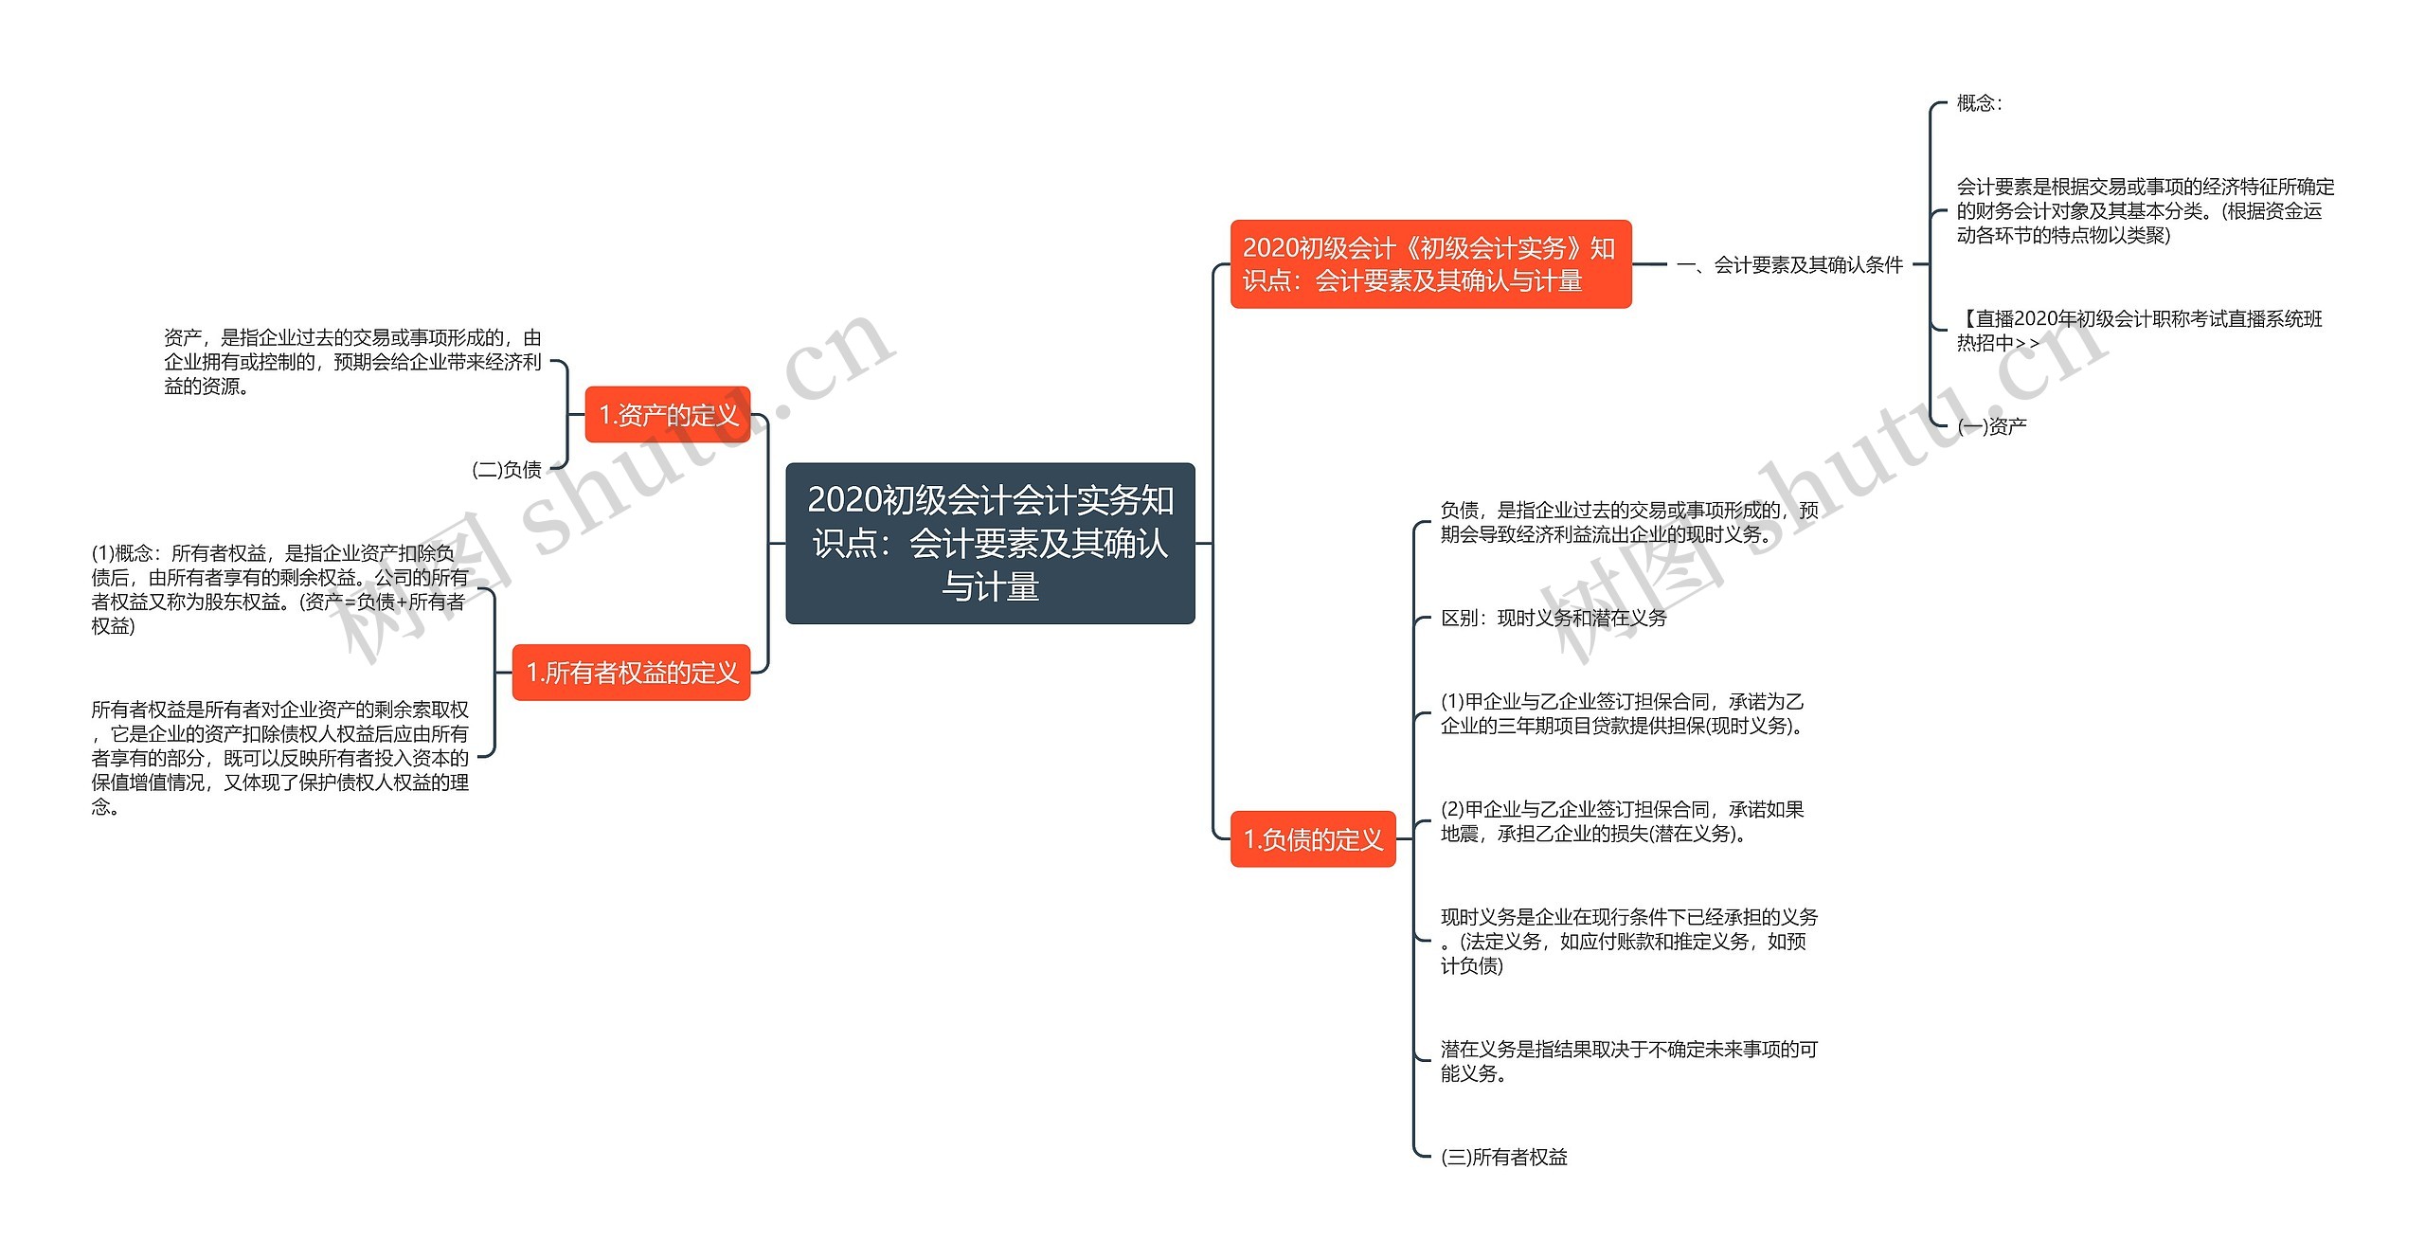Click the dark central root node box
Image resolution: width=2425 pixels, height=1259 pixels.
click(990, 543)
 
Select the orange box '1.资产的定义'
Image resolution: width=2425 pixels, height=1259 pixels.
click(667, 415)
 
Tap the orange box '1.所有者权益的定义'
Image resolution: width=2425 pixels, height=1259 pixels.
click(631, 673)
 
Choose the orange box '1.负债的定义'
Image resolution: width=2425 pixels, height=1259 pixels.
click(1312, 839)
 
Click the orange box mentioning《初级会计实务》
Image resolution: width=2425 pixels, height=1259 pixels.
click(1429, 264)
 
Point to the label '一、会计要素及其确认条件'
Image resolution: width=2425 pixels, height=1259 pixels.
click(1789, 265)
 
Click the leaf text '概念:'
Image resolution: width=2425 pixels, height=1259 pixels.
click(1979, 103)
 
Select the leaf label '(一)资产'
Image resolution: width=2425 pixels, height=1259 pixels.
click(1992, 426)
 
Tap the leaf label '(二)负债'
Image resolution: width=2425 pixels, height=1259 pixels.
click(507, 469)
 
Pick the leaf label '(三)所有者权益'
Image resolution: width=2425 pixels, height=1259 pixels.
click(1503, 1157)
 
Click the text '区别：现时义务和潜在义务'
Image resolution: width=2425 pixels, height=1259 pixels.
click(1553, 619)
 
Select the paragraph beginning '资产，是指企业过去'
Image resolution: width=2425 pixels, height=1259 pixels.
click(352, 362)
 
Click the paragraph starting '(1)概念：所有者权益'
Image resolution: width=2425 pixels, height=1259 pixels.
click(279, 589)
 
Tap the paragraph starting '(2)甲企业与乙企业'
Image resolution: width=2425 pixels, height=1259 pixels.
click(1622, 821)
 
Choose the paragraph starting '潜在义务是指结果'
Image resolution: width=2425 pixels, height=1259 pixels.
click(1628, 1061)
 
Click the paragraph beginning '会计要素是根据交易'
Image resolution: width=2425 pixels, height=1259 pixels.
click(2145, 211)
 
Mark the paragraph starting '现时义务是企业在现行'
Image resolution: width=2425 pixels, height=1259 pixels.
click(1628, 941)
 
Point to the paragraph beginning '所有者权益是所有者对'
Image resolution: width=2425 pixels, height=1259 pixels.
click(279, 757)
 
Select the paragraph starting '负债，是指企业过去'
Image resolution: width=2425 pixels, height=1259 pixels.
click(1628, 522)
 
